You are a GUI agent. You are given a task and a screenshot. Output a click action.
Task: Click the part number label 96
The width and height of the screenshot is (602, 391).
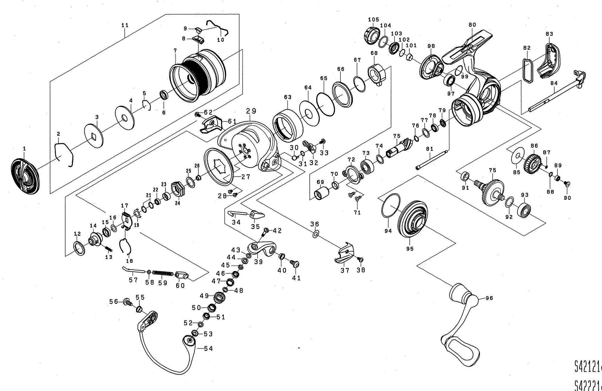pyautogui.click(x=489, y=298)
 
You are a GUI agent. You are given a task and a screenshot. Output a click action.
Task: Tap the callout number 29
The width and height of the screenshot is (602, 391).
pyautogui.click(x=251, y=111)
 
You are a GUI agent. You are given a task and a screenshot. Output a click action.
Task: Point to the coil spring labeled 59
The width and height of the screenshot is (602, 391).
pyautogui.click(x=163, y=273)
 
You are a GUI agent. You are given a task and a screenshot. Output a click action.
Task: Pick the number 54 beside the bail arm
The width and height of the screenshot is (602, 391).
pyautogui.click(x=208, y=348)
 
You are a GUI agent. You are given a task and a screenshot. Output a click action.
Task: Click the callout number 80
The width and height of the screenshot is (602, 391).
pyautogui.click(x=472, y=25)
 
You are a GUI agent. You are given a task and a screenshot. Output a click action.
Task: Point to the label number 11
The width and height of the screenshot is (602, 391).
pyautogui.click(x=125, y=25)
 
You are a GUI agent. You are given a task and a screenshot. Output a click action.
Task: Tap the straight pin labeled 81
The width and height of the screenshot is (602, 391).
pyautogui.click(x=432, y=160)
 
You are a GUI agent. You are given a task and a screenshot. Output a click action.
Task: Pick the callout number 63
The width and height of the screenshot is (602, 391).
pyautogui.click(x=288, y=97)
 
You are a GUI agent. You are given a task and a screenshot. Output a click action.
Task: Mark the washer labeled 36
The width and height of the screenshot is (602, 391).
pyautogui.click(x=315, y=234)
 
